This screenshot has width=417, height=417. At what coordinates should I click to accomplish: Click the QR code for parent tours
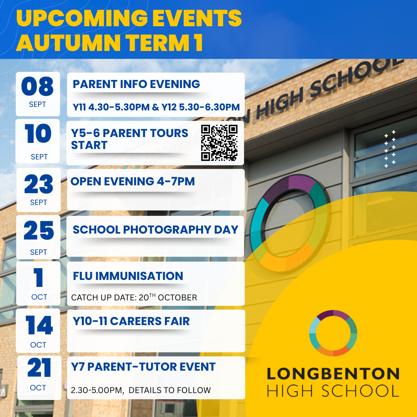pos(219,143)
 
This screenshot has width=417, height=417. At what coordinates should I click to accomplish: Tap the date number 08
pos(37,86)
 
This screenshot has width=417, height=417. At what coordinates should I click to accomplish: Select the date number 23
pos(39,184)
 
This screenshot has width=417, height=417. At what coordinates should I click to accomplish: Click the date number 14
pos(39,325)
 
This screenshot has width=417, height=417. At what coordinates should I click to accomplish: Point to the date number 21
pos(39,367)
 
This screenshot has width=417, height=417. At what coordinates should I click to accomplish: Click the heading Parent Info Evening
pos(136,84)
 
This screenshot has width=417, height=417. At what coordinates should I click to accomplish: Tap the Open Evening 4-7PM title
pos(132,181)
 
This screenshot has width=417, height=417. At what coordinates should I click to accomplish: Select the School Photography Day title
pos(155,229)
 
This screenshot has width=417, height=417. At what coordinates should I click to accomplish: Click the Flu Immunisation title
pos(128,276)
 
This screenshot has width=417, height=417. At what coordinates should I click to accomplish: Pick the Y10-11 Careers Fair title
pos(131,321)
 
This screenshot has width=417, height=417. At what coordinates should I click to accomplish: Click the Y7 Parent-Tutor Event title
pos(143,367)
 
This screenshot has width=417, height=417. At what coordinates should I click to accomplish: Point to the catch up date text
pos(134,297)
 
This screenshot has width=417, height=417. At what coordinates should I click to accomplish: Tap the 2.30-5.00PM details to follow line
pos(141,390)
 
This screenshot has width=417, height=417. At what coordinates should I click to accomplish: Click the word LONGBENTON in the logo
pos(333,374)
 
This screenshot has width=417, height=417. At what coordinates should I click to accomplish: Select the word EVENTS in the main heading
pos(197,18)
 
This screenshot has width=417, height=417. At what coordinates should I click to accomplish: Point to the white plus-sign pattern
pos(390,149)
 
